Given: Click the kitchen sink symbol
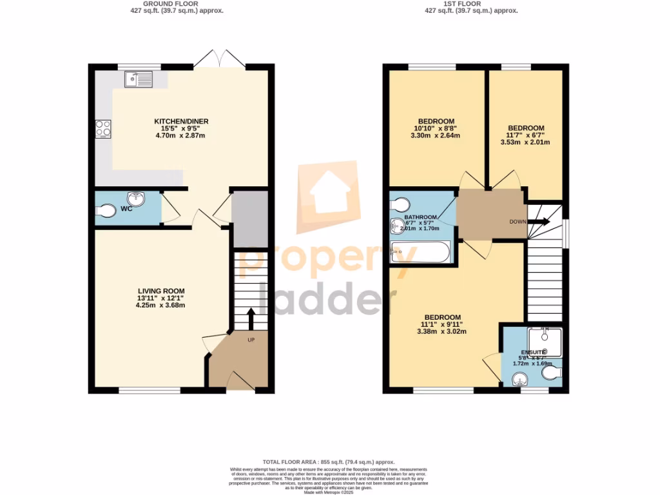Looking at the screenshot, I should click(x=139, y=79).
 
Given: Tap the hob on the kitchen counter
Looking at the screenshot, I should click(x=103, y=129).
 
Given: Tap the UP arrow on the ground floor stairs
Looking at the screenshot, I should click(x=251, y=318).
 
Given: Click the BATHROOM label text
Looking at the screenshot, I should click(x=421, y=217).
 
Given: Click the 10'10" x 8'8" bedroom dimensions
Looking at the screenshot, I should click(x=436, y=129).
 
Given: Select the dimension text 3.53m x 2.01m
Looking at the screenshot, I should click(x=525, y=142).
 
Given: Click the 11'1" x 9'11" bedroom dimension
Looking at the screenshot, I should click(x=442, y=325).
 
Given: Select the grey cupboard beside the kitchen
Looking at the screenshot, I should click(x=249, y=219).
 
